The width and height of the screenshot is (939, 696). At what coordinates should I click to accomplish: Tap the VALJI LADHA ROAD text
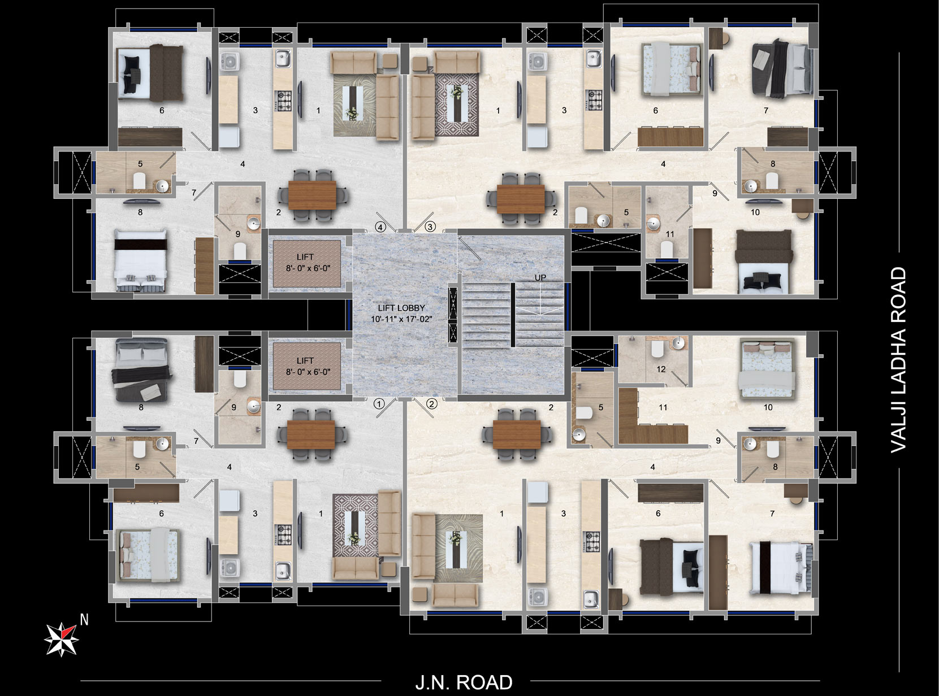[x=898, y=360]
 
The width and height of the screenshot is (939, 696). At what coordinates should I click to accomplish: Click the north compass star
[x=62, y=639]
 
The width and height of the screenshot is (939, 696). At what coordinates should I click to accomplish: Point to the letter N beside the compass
[x=84, y=620]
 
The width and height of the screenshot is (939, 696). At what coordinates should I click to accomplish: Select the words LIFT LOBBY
[x=401, y=308]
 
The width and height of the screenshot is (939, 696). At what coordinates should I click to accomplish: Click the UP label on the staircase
[x=540, y=277]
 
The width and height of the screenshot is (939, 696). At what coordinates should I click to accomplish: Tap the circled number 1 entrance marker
[x=379, y=404]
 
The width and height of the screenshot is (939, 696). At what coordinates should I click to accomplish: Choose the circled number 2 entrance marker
[x=431, y=404]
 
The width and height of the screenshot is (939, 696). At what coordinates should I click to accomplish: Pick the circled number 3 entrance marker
[x=430, y=227]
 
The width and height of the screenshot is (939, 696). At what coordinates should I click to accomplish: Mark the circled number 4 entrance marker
[x=380, y=227]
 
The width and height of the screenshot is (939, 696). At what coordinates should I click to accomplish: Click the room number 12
[x=661, y=369]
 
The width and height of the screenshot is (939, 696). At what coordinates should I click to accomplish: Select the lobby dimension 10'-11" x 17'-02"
[x=401, y=319]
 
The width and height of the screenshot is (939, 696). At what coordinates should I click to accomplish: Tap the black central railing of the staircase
[x=513, y=315]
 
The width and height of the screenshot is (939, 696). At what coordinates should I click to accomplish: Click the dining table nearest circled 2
[x=517, y=434]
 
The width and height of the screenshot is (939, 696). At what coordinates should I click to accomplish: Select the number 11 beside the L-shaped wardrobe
[x=663, y=407]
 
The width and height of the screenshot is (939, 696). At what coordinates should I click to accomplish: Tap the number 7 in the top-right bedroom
[x=766, y=110]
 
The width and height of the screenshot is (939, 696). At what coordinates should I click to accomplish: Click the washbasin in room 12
[x=678, y=343]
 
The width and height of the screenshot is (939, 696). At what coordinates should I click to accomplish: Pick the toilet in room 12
[x=657, y=349]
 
